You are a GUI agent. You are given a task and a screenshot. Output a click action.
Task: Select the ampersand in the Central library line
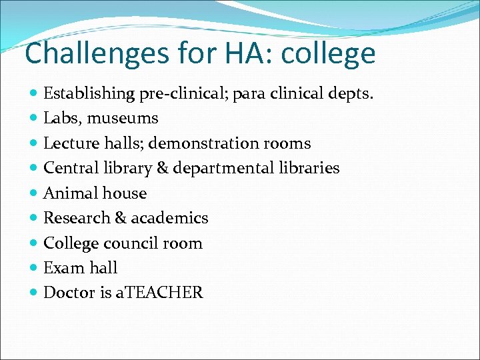[x=161, y=168]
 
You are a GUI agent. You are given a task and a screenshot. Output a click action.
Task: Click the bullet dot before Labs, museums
[x=34, y=119]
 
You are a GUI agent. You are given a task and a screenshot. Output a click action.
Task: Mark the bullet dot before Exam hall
[x=34, y=268]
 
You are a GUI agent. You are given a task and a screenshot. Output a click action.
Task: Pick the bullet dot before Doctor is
[x=34, y=293]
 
